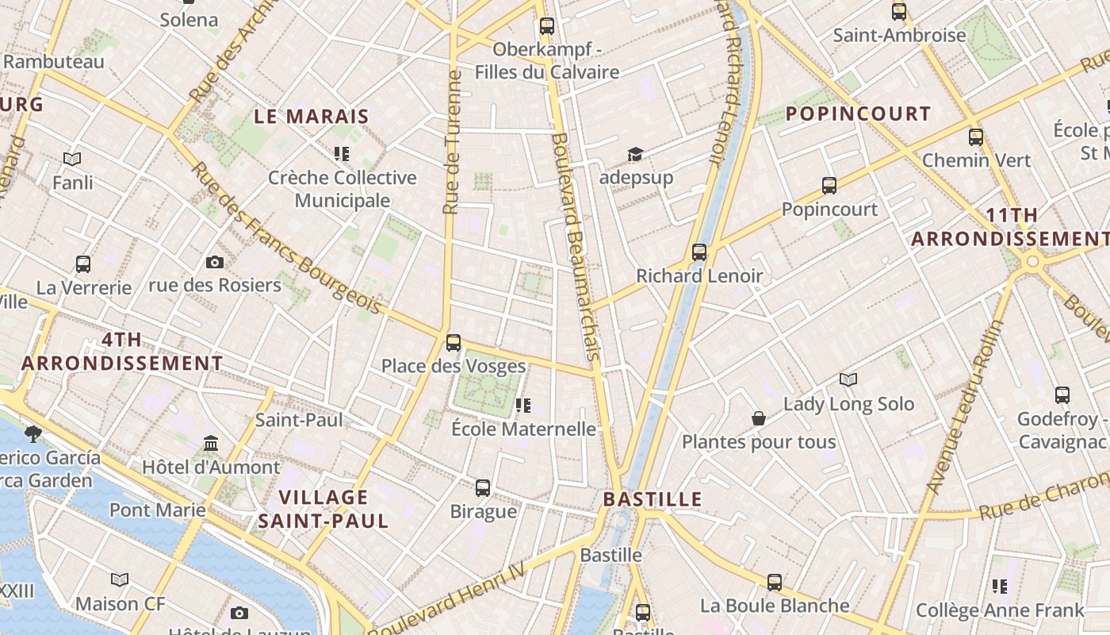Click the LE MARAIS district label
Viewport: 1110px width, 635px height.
coord(312,117)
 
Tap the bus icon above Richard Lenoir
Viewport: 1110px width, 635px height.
coord(699,252)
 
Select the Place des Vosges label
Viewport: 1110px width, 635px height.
coord(454,366)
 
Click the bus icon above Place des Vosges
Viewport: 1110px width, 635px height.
coord(454,343)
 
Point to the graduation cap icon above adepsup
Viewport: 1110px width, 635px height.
coord(635,154)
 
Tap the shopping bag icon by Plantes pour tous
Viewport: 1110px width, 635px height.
coord(759,418)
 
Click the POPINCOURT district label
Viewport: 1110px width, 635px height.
coord(858,114)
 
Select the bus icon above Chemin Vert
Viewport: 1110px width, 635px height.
coord(976,137)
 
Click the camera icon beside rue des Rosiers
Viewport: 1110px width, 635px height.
coord(214,263)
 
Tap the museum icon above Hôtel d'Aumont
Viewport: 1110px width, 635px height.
coord(211,443)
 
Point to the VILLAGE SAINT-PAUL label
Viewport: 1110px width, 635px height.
coord(323,509)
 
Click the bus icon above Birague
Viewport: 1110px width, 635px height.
coord(483,487)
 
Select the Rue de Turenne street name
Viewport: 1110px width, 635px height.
coord(452,143)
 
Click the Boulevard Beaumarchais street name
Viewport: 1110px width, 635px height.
coord(576,246)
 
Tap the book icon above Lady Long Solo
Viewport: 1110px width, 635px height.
coord(848,379)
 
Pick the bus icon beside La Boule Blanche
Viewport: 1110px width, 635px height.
coord(775,583)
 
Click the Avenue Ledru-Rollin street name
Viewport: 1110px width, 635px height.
coord(963,409)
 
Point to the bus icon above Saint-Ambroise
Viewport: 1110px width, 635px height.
coord(899,12)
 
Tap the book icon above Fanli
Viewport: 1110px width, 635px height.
coord(72,160)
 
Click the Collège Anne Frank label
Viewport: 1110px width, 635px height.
coord(999,610)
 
